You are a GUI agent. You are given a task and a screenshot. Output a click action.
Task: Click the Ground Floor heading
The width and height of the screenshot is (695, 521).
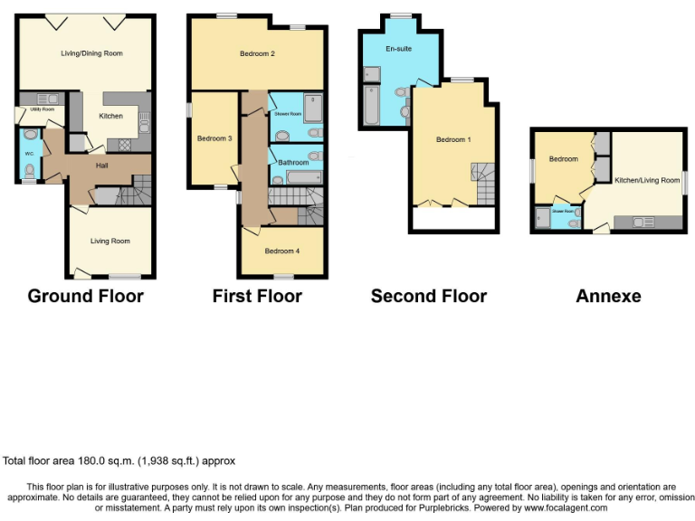(86, 296)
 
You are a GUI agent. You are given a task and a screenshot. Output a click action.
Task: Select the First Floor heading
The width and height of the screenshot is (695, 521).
(257, 296)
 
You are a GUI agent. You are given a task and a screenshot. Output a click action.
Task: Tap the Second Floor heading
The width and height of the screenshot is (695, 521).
(429, 296)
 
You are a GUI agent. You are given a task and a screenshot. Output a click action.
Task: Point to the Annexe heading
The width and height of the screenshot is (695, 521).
(608, 296)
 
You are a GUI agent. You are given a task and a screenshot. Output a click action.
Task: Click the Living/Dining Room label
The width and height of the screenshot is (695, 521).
(86, 53)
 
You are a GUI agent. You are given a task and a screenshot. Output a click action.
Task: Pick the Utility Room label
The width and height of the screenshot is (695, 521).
(42, 109)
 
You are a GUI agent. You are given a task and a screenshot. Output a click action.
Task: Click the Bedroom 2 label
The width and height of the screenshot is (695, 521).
(257, 54)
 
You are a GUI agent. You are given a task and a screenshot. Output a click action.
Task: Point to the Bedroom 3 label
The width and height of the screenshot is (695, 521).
(214, 138)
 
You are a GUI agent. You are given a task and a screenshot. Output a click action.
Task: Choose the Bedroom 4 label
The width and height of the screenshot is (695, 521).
(281, 251)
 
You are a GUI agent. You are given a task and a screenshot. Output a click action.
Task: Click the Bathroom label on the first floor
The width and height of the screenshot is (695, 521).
(293, 163)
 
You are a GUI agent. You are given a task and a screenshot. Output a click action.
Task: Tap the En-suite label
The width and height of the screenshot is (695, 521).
(398, 49)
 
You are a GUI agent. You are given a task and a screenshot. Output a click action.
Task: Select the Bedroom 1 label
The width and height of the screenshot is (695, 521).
(453, 140)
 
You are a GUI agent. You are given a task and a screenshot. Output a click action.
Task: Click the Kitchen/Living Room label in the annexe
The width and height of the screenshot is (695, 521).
(646, 181)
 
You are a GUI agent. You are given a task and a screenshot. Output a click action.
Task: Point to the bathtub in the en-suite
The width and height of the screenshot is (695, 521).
(372, 106)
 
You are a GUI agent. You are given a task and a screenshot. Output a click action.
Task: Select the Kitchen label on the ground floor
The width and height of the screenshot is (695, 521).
(110, 116)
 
